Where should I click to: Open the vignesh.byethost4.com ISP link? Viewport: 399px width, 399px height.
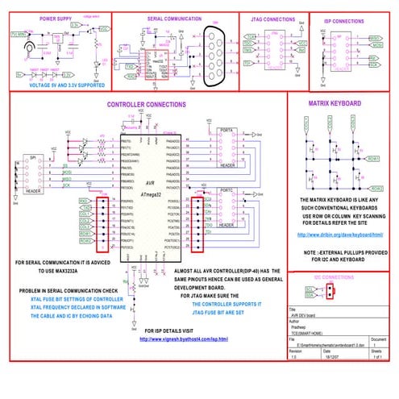(184, 339)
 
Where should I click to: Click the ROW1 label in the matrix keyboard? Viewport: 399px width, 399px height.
(373, 159)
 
